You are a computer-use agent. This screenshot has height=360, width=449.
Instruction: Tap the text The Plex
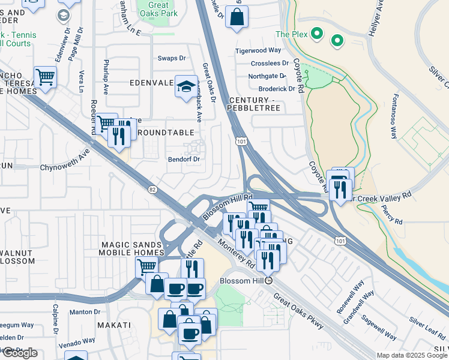pos(291,34)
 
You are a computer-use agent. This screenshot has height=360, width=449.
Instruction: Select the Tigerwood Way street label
pos(258,51)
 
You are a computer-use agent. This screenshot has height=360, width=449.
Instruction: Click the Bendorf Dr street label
pos(182,159)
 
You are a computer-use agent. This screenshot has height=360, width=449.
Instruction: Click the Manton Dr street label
pos(84,312)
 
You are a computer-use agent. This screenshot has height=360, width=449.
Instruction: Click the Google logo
pos(19,353)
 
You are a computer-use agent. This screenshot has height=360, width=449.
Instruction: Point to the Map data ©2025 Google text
pos(412,355)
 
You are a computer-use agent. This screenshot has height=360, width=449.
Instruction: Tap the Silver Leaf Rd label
pos(428,322)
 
